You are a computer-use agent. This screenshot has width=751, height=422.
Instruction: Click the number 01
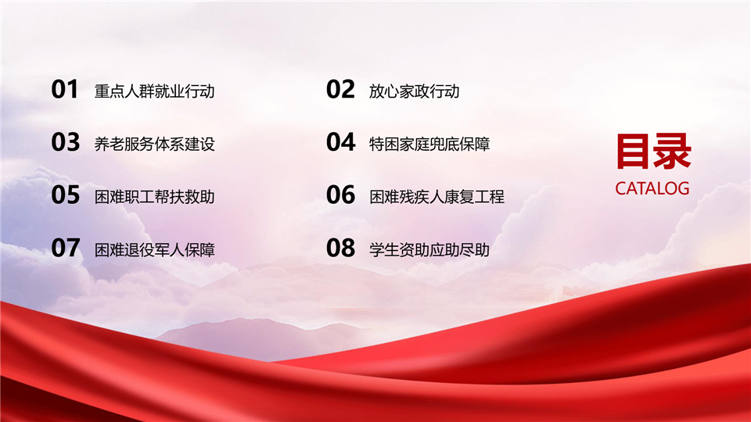click(x=65, y=89)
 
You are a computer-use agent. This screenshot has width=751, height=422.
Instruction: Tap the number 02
click(x=340, y=89)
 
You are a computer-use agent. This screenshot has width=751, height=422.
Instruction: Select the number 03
click(x=65, y=142)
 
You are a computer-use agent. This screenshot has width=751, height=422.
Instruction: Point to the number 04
click(x=341, y=142)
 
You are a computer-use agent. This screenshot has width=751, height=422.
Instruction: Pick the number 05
click(x=65, y=195)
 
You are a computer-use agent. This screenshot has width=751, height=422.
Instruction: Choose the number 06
click(x=341, y=195)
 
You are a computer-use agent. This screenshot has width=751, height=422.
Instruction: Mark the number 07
click(x=65, y=248)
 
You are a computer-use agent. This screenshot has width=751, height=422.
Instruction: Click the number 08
click(x=341, y=248)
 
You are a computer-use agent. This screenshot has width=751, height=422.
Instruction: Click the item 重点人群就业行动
click(x=154, y=91)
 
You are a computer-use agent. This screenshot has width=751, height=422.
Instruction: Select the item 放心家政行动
click(x=415, y=91)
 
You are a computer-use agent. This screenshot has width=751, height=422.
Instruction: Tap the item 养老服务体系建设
click(x=154, y=144)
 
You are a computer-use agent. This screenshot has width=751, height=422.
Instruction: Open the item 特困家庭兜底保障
click(x=429, y=144)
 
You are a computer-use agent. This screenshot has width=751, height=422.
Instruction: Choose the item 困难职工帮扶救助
click(x=154, y=197)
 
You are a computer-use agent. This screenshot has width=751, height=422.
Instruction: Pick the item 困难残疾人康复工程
click(x=437, y=197)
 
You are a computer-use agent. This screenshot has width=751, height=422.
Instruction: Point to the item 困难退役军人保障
click(x=154, y=250)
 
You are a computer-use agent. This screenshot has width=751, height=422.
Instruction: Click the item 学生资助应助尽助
click(x=429, y=250)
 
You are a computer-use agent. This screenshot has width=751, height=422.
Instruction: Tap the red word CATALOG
click(x=652, y=188)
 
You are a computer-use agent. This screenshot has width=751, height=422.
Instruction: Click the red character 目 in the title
click(x=634, y=152)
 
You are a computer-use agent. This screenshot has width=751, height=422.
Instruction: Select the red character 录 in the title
click(x=673, y=152)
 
